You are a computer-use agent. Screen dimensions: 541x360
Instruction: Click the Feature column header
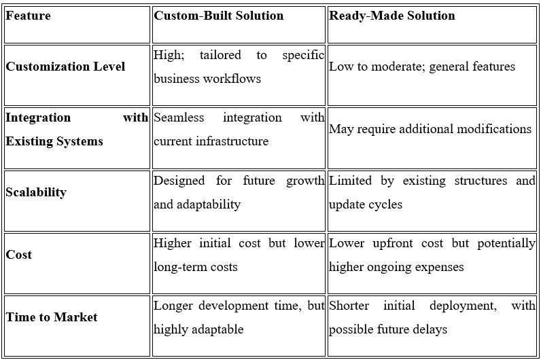coord(28,16)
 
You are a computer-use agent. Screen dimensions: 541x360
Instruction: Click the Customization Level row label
coord(65,66)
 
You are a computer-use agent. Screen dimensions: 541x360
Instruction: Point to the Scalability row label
coord(36,192)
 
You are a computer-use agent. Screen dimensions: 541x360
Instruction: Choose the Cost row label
coord(18,255)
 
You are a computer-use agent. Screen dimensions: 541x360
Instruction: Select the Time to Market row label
coord(52,317)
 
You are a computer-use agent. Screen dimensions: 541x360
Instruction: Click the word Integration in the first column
coord(38,118)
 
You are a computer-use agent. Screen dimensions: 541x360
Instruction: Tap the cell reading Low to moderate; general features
coord(422,66)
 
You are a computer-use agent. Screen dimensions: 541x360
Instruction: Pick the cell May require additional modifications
coord(430,129)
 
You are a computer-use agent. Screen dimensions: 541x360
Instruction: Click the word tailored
coord(220,55)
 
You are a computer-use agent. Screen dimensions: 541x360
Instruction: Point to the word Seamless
coord(179,118)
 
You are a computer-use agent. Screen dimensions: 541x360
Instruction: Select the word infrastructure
coord(232,141)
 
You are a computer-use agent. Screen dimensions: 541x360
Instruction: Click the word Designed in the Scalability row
coord(179,181)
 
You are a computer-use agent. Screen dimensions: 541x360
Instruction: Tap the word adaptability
coord(209,204)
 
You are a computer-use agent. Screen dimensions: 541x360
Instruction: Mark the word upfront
coord(393,243)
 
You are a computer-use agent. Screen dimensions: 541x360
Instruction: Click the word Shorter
coord(349,306)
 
